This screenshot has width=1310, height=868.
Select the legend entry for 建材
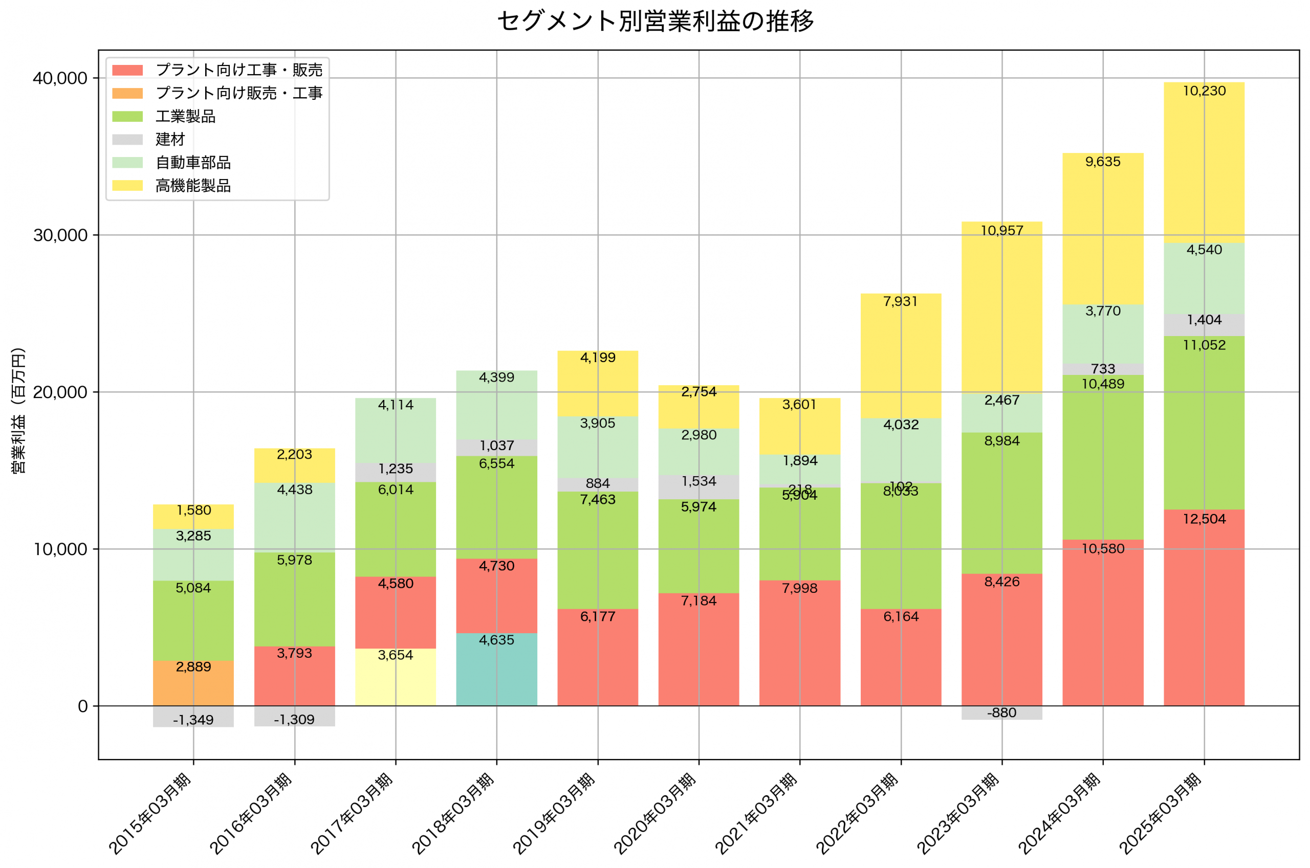169,140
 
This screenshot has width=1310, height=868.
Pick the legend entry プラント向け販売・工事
238,93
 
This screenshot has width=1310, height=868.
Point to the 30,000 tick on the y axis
60,235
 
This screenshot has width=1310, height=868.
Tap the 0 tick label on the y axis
82,707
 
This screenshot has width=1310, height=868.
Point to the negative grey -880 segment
1001,713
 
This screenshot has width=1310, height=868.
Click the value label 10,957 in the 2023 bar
1001,231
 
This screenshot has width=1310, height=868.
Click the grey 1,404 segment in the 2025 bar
1204,325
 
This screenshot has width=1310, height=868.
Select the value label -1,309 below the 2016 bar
294,720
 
